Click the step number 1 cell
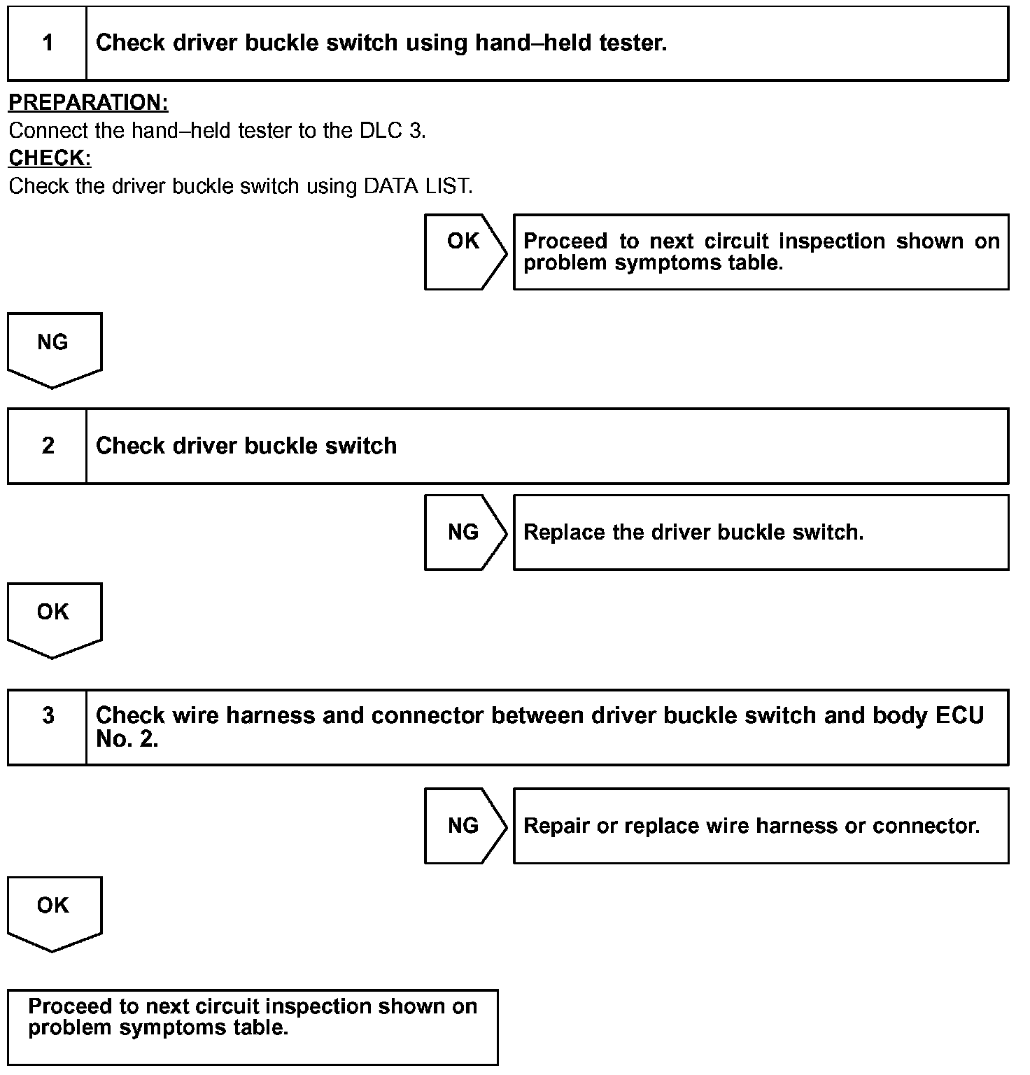48,43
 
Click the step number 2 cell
48,446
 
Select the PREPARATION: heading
88,103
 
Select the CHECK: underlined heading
50,158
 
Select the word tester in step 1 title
633,43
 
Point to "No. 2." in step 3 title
127,739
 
